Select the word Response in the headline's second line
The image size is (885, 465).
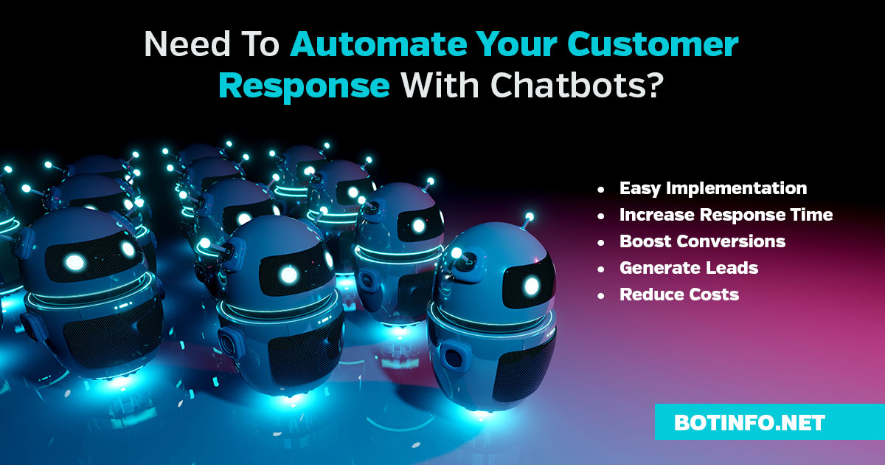tap(304, 86)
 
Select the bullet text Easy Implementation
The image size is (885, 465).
tap(713, 188)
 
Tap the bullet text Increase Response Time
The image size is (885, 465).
tap(726, 215)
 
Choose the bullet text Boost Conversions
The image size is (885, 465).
tap(702, 241)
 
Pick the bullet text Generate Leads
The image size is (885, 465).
tap(689, 268)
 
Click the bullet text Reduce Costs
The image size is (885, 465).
tap(679, 294)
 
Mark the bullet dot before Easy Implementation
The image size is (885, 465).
tap(601, 190)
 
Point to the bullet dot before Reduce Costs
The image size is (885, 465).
tap(601, 296)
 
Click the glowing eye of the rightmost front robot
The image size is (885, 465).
tap(532, 286)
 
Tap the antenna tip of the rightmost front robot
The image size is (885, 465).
tap(530, 216)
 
